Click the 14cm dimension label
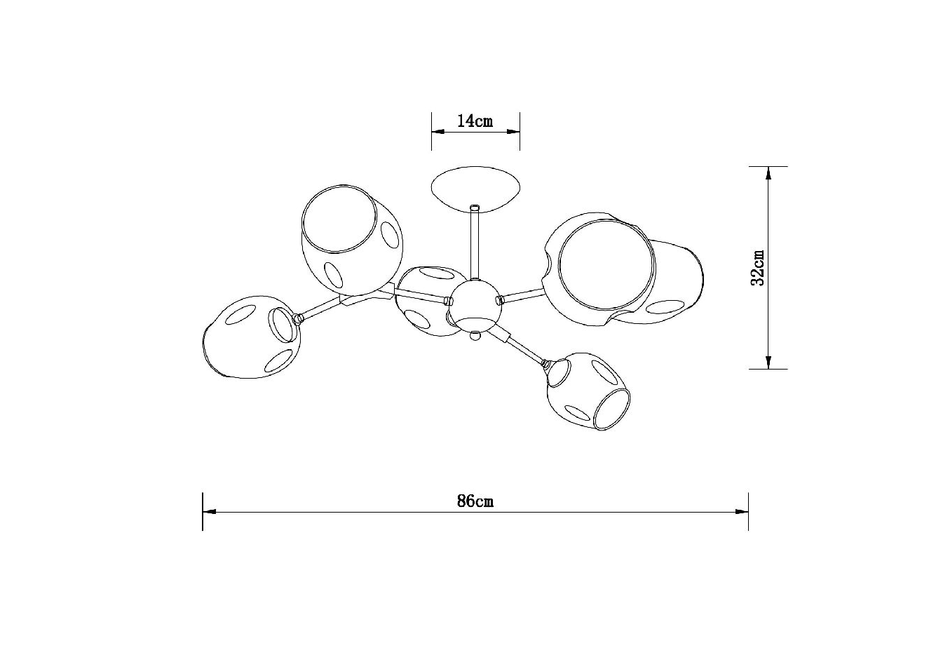coord(475,121)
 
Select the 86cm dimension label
coord(475,501)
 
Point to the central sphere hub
coord(475,303)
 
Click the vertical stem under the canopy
coord(475,245)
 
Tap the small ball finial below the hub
coord(475,335)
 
